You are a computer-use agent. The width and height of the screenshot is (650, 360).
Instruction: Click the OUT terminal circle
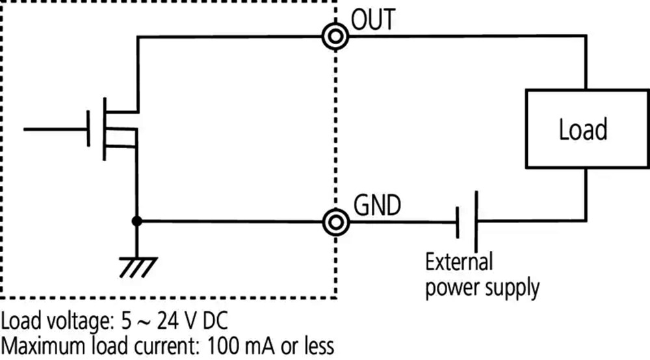point(335,37)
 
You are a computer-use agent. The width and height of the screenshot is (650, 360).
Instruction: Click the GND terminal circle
point(336,222)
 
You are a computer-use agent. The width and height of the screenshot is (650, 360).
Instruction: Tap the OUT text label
point(373,19)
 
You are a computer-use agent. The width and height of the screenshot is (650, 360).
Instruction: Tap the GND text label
point(377,205)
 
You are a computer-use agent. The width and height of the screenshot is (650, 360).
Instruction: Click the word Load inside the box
point(583,129)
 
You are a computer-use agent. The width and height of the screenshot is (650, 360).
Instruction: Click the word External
point(459,263)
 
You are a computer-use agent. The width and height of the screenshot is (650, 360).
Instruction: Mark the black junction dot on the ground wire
point(136,222)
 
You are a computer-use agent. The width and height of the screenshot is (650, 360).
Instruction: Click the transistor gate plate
point(88,129)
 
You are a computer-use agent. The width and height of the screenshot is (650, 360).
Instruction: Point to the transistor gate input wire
point(55,129)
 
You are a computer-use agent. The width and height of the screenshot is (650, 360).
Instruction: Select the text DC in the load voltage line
point(215,321)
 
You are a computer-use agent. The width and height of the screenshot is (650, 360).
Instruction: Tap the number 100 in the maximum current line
point(222,346)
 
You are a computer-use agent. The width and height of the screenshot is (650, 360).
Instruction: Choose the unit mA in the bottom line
point(261,346)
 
